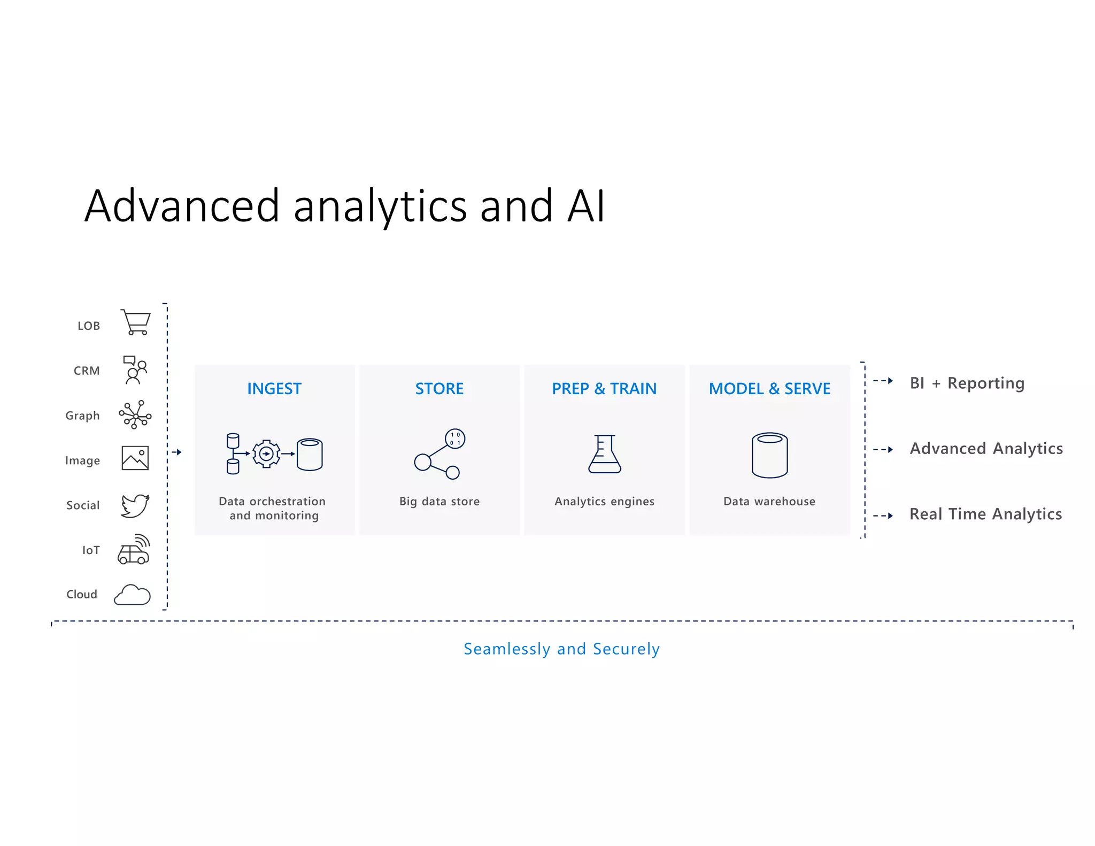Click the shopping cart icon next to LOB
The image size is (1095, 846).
point(136,322)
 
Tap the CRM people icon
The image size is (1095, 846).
point(135,370)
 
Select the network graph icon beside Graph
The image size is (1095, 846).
point(135,415)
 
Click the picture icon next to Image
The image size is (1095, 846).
point(135,458)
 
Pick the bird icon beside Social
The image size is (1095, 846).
point(135,505)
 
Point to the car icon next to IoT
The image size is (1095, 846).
point(133,550)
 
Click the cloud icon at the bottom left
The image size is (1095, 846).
point(132,595)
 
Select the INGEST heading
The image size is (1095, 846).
point(274,389)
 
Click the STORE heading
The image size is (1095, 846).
point(439,389)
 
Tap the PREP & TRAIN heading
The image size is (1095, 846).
point(604,389)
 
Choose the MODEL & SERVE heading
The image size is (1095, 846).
point(769,389)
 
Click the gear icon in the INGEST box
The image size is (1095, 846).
point(266,454)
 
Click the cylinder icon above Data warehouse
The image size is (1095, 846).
point(769,455)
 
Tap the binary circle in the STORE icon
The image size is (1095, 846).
point(455,439)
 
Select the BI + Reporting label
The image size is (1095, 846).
point(967,383)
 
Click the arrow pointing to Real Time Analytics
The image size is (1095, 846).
point(883,516)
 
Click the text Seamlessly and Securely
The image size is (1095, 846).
point(561,649)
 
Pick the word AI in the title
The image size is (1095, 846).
point(586,206)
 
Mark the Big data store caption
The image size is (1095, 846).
point(439,502)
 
